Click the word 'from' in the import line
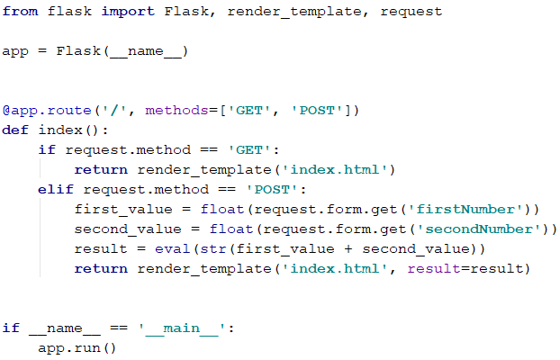tap(20, 13)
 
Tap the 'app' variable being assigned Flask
tap(15, 51)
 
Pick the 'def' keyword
tap(15, 130)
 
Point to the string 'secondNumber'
tap(492, 229)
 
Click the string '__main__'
tap(182, 328)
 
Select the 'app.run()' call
tap(78, 347)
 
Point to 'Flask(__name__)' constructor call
tap(122, 51)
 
